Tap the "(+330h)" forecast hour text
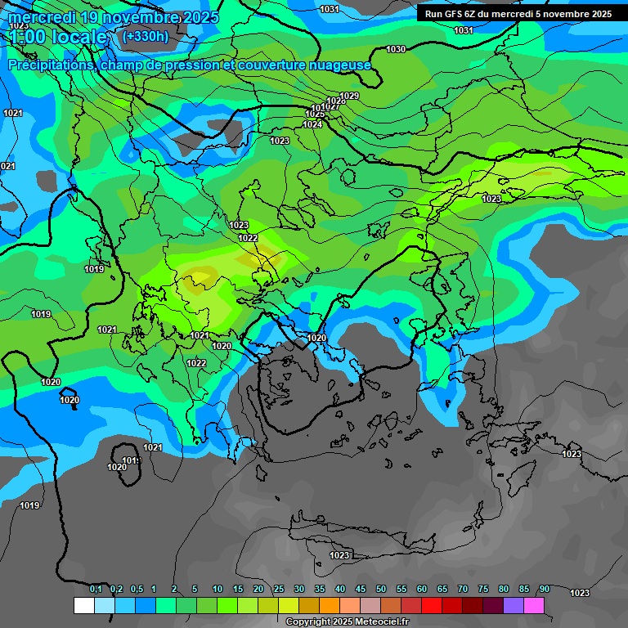pyautogui.click(x=145, y=36)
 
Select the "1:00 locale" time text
pyautogui.click(x=57, y=38)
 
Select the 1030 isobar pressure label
pyautogui.click(x=396, y=50)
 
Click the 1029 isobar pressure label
pyautogui.click(x=350, y=96)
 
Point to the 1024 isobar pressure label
pyautogui.click(x=312, y=124)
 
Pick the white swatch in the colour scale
pyautogui.click(x=83, y=605)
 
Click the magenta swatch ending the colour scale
pyautogui.click(x=534, y=605)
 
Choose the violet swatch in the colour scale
pyautogui.click(x=514, y=605)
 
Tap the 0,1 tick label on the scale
pyautogui.click(x=96, y=589)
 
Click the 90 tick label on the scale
pyautogui.click(x=544, y=589)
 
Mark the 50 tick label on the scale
pyautogui.click(x=380, y=589)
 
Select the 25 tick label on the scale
pyautogui.click(x=279, y=589)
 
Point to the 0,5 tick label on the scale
pyautogui.click(x=137, y=589)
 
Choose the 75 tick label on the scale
pyautogui.click(x=482, y=589)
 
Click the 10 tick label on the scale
pyautogui.click(x=218, y=589)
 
